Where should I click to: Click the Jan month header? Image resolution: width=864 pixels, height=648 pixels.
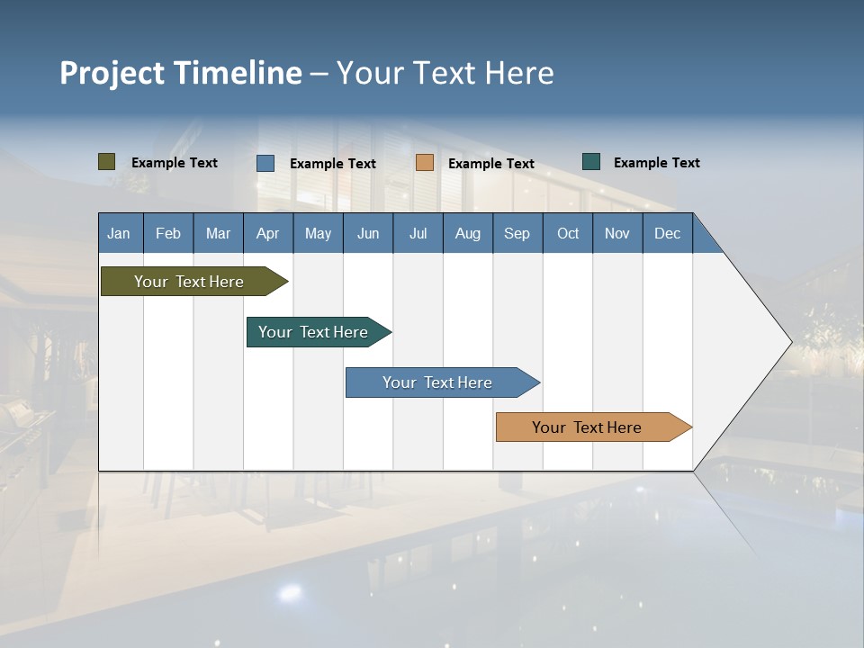click(x=120, y=233)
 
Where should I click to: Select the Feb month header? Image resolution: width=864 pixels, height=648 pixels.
click(x=168, y=233)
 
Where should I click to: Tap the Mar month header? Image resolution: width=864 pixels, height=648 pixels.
click(x=218, y=233)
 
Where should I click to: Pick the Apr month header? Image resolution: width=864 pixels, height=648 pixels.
click(x=268, y=233)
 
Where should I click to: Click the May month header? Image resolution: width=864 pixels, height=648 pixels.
click(x=318, y=233)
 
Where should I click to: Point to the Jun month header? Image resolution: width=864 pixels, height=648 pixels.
click(x=368, y=233)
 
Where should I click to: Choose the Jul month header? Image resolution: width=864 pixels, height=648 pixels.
click(x=418, y=233)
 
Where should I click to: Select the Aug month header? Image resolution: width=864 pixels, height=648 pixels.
click(x=468, y=233)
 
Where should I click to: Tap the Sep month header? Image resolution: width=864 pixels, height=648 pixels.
click(x=517, y=233)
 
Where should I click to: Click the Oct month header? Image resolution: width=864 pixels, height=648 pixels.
click(x=568, y=233)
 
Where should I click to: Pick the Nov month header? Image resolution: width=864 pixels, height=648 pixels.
click(x=617, y=233)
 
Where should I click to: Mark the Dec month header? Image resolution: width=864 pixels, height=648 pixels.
click(x=668, y=233)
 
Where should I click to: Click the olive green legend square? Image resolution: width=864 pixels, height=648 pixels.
click(x=107, y=162)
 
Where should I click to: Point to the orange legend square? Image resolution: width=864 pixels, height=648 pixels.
click(x=425, y=163)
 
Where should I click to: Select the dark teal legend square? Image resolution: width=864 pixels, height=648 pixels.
click(x=591, y=162)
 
